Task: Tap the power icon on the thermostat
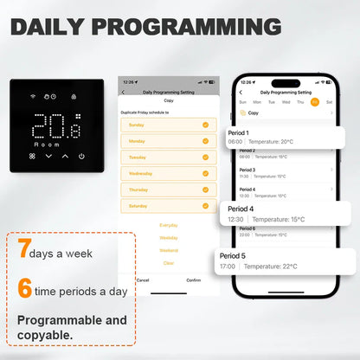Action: [x=81, y=157]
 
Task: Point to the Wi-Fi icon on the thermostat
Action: [x=33, y=96]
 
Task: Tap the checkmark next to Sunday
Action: [x=205, y=125]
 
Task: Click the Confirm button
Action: [x=194, y=280]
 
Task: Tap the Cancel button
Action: [x=143, y=280]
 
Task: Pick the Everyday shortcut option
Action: [x=169, y=225]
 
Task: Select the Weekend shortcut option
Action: [x=169, y=250]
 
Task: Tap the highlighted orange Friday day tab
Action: [x=315, y=100]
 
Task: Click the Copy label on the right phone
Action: [x=254, y=112]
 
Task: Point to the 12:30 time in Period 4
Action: [x=236, y=220]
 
